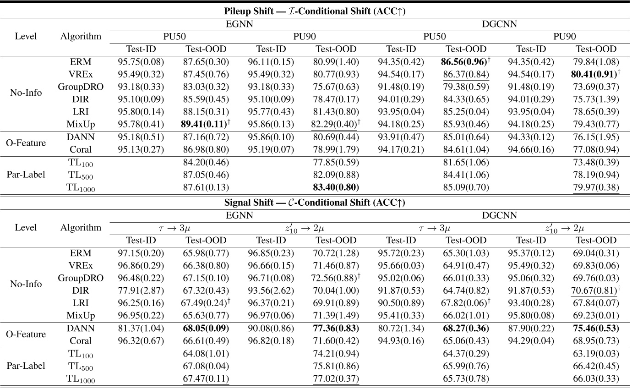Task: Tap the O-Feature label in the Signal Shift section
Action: tap(29, 334)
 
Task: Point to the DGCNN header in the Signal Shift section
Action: tap(501, 214)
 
